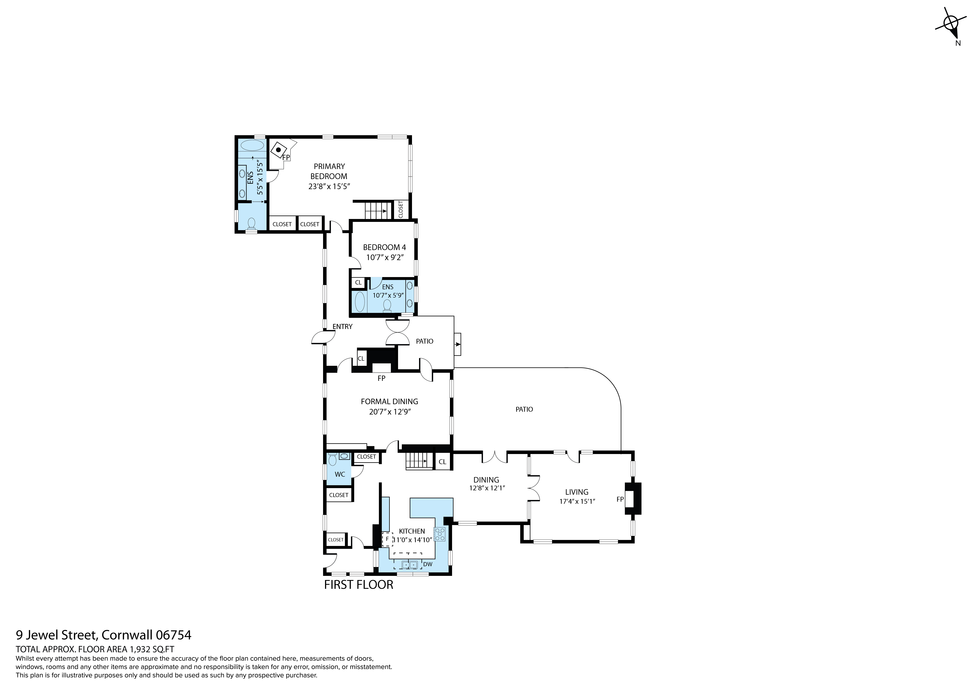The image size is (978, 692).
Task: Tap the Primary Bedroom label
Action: [x=329, y=171]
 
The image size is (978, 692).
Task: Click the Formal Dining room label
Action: [x=389, y=401]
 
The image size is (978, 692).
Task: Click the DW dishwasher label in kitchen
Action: [x=428, y=564]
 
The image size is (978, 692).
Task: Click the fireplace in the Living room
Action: [x=632, y=499]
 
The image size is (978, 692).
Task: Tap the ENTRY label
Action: [x=342, y=326]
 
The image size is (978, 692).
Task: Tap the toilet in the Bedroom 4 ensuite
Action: [x=387, y=305]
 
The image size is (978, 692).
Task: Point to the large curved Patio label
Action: [x=524, y=409]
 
